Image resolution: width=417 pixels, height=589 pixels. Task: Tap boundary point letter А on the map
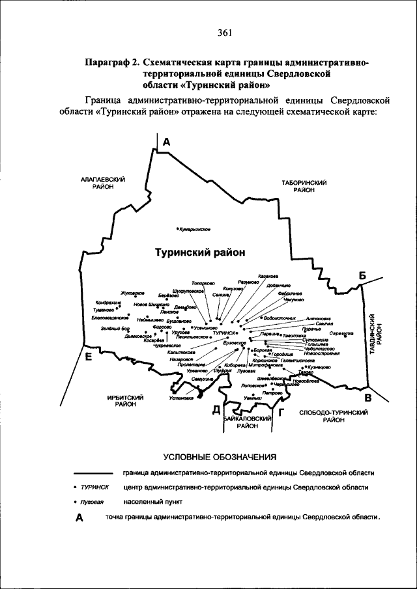coord(167,142)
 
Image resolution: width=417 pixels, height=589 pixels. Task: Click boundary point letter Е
coord(89,357)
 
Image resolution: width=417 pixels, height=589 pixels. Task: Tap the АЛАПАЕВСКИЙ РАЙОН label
coord(103,182)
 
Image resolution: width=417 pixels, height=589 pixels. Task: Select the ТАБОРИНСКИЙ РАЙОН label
coord(304,186)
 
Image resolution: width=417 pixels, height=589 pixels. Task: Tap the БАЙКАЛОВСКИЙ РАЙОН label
coord(248,422)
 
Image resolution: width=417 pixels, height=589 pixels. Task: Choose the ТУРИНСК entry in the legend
coord(94,487)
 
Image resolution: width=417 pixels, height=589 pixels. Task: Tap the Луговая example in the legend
coord(93,502)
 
